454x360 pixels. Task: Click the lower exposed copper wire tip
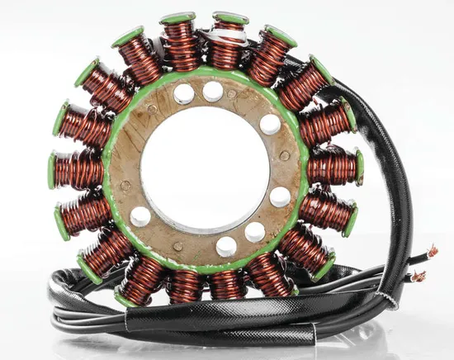click(x=419, y=277)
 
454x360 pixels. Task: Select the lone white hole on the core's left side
click(x=140, y=216)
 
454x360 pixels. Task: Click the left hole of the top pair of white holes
click(x=183, y=94)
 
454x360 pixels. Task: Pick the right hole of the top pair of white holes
click(x=213, y=90)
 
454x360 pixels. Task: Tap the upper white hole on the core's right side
click(x=270, y=124)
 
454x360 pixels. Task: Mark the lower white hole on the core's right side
click(x=280, y=197)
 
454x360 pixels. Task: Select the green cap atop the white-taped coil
click(x=230, y=17)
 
